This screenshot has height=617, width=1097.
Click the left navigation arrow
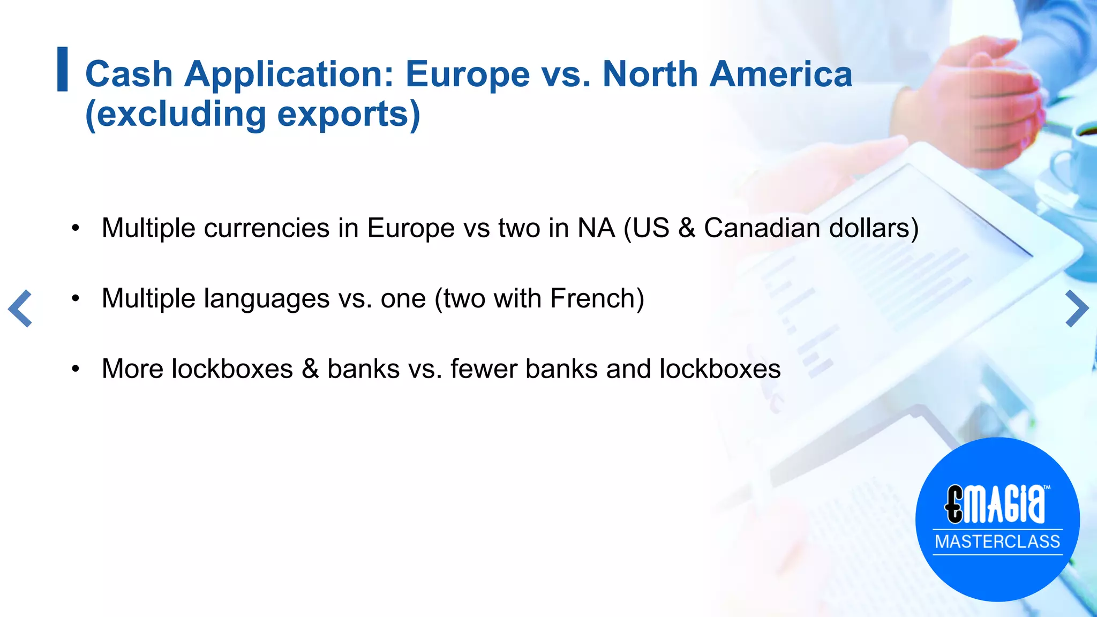(20, 308)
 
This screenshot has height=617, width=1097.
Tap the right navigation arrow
(1077, 308)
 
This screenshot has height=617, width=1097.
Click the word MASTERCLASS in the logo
(997, 541)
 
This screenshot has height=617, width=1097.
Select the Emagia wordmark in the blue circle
(995, 503)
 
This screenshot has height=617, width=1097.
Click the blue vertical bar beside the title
(63, 69)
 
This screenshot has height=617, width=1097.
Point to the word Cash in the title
(129, 74)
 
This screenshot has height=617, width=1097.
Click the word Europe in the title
(468, 74)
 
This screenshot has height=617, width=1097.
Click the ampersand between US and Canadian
(686, 228)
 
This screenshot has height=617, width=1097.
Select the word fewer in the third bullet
(484, 369)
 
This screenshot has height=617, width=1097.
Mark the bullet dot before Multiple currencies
(76, 228)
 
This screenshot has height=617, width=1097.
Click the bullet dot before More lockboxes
(76, 369)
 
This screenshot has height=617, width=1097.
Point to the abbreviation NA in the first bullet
(596, 228)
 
